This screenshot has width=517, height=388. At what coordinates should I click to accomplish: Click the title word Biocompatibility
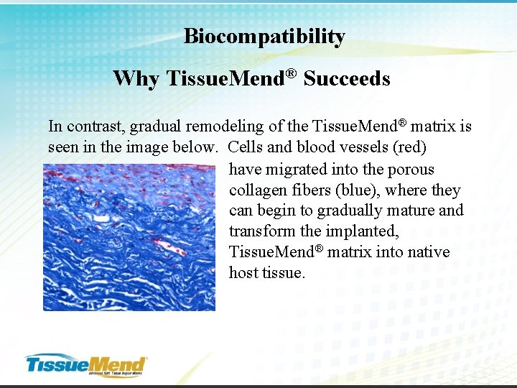264,37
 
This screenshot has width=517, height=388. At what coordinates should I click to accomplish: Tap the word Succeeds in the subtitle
347,78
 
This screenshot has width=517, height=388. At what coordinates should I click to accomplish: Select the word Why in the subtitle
136,78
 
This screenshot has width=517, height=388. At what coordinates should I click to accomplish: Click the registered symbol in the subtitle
292,73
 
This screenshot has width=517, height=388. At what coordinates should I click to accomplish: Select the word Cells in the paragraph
245,147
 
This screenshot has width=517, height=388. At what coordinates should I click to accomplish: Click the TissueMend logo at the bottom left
85,364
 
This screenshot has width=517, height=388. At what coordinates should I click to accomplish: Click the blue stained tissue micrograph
129,237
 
